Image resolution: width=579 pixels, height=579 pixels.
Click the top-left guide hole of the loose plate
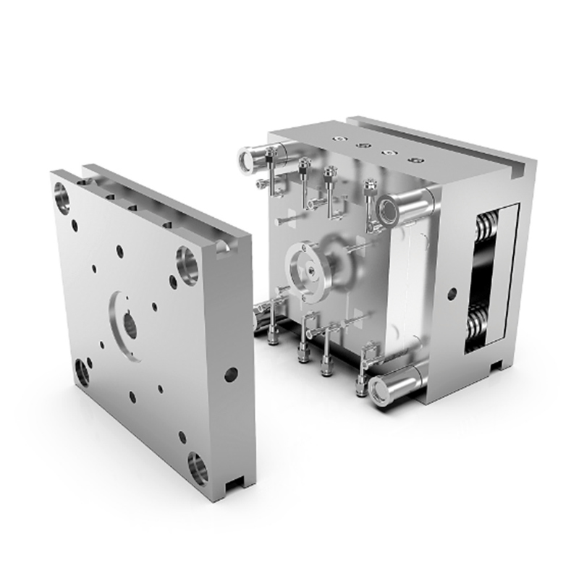(x=62, y=197)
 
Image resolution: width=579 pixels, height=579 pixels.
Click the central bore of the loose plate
(x=128, y=324)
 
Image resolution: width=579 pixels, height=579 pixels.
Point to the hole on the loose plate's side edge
(x=231, y=374)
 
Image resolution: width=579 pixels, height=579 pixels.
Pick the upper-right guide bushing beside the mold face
(x=389, y=209)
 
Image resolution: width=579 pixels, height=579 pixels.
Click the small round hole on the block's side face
(x=452, y=294)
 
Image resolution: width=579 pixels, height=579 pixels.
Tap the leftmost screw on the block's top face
(x=337, y=137)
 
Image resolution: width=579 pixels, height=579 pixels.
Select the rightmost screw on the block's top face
(x=414, y=159)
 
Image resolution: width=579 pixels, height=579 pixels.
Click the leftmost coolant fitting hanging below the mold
(x=274, y=334)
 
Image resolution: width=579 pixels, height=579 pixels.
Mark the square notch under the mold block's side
(x=496, y=363)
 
